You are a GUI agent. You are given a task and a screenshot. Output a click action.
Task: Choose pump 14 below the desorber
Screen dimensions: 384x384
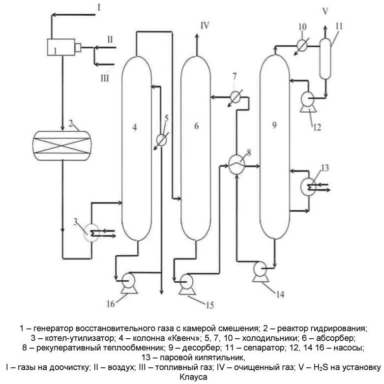click(261, 269)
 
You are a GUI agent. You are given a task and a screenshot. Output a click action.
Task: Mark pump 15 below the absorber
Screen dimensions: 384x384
click(187, 281)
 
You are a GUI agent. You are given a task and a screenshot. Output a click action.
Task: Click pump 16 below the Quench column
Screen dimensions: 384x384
click(129, 281)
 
